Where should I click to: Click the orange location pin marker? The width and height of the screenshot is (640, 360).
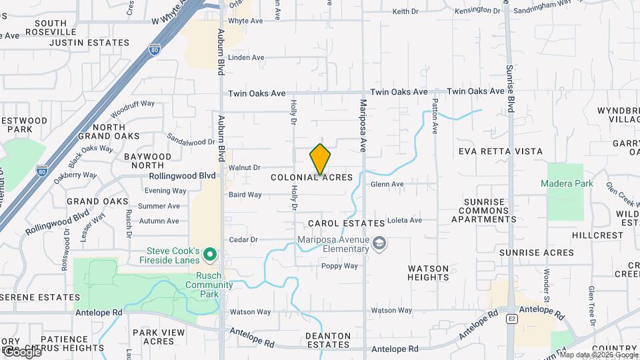click(x=320, y=159)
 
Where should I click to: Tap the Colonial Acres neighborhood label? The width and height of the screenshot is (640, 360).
click(x=311, y=178)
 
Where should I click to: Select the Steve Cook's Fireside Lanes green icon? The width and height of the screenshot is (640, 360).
click(x=211, y=253)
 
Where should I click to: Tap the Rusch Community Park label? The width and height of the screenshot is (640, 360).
click(x=209, y=281)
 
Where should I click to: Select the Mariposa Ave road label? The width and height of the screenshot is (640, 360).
click(x=364, y=126)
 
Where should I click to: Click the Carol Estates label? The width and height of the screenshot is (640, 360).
click(x=346, y=223)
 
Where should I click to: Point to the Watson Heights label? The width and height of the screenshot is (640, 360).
click(x=429, y=273)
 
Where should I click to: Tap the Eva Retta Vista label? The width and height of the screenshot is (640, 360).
click(x=501, y=151)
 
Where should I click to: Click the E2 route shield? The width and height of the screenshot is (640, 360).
click(x=512, y=319)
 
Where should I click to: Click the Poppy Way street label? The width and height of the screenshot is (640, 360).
click(x=339, y=266)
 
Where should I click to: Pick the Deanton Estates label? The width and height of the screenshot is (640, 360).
click(x=327, y=340)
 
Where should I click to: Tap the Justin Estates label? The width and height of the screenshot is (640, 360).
click(x=89, y=43)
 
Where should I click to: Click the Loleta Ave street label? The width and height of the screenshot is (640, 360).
click(x=405, y=220)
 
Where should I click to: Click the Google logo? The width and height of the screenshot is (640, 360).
click(x=21, y=351)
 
